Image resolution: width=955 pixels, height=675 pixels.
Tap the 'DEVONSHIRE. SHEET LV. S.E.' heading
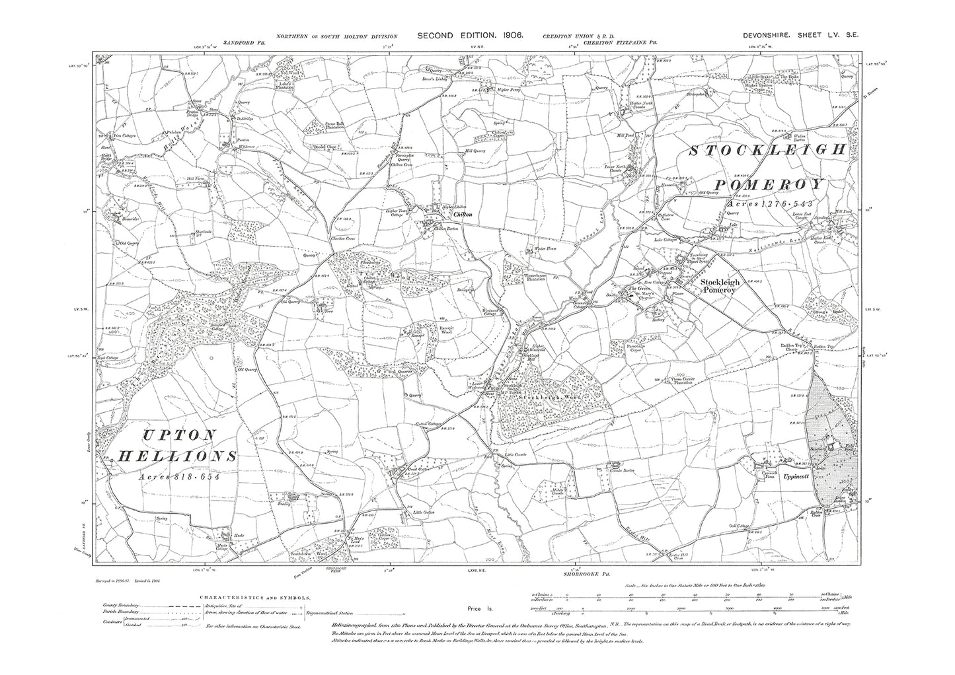793,38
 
